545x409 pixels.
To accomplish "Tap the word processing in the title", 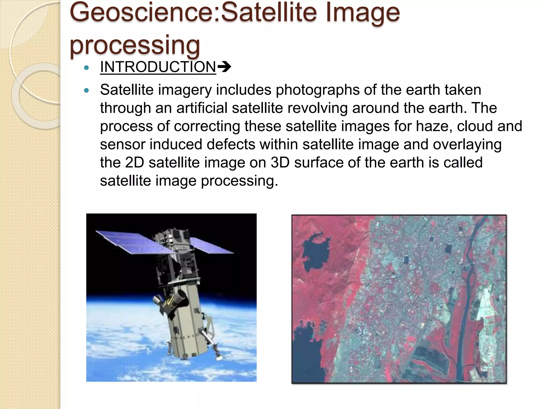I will click(135, 45).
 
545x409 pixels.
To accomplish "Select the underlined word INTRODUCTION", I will click(158, 67).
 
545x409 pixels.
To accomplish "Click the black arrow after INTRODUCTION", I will click(224, 67).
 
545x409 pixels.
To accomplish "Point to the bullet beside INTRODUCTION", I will click(86, 68).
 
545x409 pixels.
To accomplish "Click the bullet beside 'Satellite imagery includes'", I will click(86, 91).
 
